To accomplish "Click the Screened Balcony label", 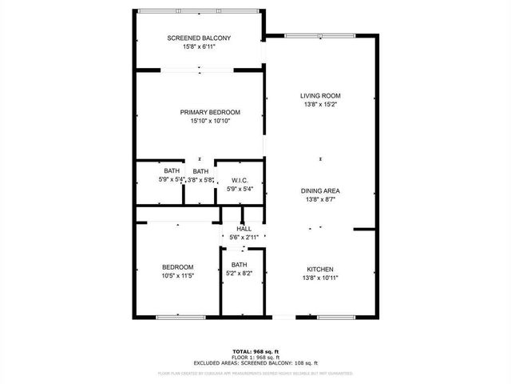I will [199, 38].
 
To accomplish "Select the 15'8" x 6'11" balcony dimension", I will [199, 47].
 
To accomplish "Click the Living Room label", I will [320, 95].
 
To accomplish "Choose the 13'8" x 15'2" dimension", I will [320, 104].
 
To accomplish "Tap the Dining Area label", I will [320, 190].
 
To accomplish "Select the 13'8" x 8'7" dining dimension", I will [320, 199].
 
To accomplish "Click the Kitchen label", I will [320, 269].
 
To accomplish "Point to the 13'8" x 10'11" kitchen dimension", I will [320, 278].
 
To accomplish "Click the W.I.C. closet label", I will [240, 180].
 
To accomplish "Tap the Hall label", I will [244, 229].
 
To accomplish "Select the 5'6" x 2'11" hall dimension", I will [244, 238].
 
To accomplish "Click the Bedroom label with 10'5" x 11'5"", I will [177, 266].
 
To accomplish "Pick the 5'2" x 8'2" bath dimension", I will [240, 274].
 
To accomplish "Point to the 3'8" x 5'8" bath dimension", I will [200, 180].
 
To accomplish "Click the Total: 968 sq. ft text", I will [255, 351].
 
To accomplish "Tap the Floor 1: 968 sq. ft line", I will [255, 357].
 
